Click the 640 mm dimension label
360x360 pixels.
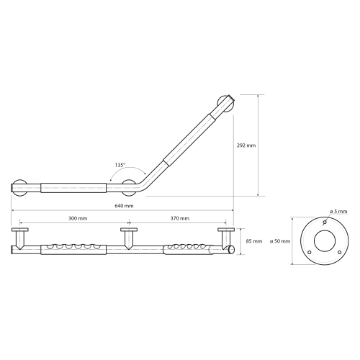pos(124,206)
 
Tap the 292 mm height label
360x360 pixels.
pos(246,145)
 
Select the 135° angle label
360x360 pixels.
pos(120,165)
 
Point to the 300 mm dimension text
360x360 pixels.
pos(78,218)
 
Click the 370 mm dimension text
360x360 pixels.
pos(180,218)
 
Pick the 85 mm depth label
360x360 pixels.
pos(254,241)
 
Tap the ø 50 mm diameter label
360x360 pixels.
pos(280,241)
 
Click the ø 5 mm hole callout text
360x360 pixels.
pos(338,212)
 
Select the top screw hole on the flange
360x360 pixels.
pos(325,222)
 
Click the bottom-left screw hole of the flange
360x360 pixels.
pos(310,252)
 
